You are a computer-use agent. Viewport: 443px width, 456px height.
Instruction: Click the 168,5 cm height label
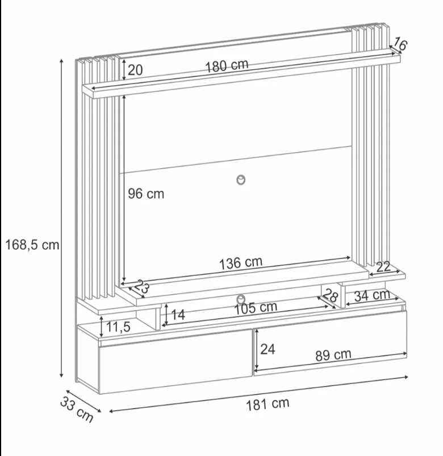32,245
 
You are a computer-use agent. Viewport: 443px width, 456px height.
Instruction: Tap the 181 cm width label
268,404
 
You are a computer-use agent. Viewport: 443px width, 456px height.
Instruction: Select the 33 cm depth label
77,410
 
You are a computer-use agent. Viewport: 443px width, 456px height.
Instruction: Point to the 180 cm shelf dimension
227,66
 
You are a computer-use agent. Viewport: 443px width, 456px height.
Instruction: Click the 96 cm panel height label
146,194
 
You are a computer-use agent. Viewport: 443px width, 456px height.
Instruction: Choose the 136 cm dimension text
241,263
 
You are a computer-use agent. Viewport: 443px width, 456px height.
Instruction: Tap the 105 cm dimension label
256,308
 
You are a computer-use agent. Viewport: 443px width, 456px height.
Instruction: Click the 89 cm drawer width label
333,355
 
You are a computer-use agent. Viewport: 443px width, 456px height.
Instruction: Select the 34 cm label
372,295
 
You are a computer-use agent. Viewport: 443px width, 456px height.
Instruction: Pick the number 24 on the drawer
268,349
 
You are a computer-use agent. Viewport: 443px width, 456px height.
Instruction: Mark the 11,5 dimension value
118,327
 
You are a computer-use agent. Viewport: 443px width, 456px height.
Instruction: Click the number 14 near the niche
178,315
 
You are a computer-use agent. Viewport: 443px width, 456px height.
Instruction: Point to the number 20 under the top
135,70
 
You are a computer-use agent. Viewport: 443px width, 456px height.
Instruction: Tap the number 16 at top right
400,44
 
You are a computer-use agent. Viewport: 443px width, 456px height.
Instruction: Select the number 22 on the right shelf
383,267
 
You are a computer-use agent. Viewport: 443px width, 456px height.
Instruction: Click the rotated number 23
142,287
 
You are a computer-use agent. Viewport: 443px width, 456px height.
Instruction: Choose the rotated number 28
331,295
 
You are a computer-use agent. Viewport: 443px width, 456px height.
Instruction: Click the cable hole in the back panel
241,180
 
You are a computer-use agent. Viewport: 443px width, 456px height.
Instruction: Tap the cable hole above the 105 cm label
241,299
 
